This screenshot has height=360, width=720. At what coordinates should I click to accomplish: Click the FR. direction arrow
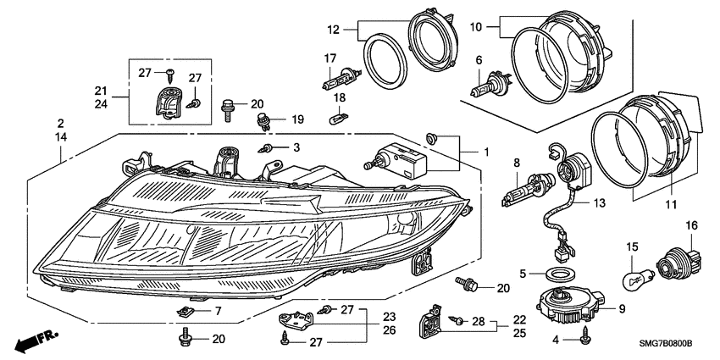36,341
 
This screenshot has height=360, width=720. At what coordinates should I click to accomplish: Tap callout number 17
330,58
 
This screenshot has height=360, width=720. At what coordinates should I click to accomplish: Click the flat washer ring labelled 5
558,274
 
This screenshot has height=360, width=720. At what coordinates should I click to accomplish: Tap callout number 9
622,309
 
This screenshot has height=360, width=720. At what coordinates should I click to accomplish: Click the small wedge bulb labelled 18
339,119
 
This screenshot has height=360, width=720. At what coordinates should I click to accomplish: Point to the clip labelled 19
264,122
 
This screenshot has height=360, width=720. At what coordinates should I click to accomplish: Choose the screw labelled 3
267,147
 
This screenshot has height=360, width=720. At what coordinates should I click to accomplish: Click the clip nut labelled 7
187,312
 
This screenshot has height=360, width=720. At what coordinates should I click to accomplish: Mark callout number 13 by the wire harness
600,202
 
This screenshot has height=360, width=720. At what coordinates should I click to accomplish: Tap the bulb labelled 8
529,189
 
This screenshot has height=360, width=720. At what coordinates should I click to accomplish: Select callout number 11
672,205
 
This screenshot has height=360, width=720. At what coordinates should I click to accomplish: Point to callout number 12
333,30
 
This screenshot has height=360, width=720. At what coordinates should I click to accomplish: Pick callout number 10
476,27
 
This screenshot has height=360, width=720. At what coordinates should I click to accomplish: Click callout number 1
486,151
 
